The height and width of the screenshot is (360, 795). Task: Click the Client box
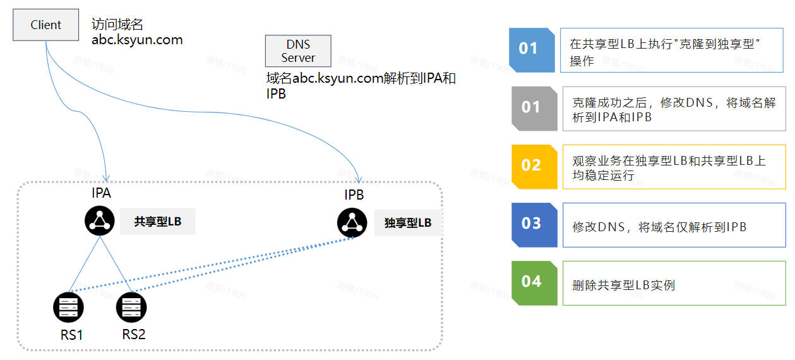tap(46, 25)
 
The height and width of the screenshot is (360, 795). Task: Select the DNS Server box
tap(298, 51)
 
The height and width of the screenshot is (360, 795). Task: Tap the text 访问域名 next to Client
tap(117, 25)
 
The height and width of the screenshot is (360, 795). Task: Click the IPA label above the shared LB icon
tap(101, 193)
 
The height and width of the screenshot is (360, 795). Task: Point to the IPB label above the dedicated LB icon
tap(354, 195)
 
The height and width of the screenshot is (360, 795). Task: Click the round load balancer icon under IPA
tap(99, 220)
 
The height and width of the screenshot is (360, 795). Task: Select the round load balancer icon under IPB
tap(352, 222)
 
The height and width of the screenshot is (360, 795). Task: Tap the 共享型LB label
tap(157, 222)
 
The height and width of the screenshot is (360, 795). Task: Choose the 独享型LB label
tap(408, 222)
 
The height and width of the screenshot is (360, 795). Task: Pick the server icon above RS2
tap(131, 308)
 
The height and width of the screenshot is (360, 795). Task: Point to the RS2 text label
tap(133, 334)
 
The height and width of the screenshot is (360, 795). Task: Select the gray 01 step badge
tap(532, 108)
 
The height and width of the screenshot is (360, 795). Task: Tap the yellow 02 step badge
tap(532, 165)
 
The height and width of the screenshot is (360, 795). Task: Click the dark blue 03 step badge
tap(532, 224)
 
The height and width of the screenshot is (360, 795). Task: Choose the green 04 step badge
tap(532, 282)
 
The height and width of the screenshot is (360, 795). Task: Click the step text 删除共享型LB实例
tap(623, 285)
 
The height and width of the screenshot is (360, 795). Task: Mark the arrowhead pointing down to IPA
tap(106, 177)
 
